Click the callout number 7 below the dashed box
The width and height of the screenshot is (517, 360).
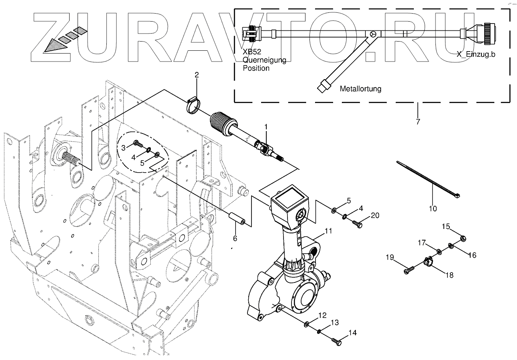click(x=418, y=121)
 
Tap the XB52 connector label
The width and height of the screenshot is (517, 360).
click(x=251, y=52)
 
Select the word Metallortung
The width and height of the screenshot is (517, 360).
click(x=360, y=89)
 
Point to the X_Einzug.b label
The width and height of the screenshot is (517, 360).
click(x=476, y=55)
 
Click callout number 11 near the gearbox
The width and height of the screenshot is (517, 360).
click(x=328, y=231)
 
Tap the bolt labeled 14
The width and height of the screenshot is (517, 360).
click(x=337, y=342)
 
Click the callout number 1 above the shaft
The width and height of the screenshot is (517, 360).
click(x=266, y=127)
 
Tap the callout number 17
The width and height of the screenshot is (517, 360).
click(x=422, y=243)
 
